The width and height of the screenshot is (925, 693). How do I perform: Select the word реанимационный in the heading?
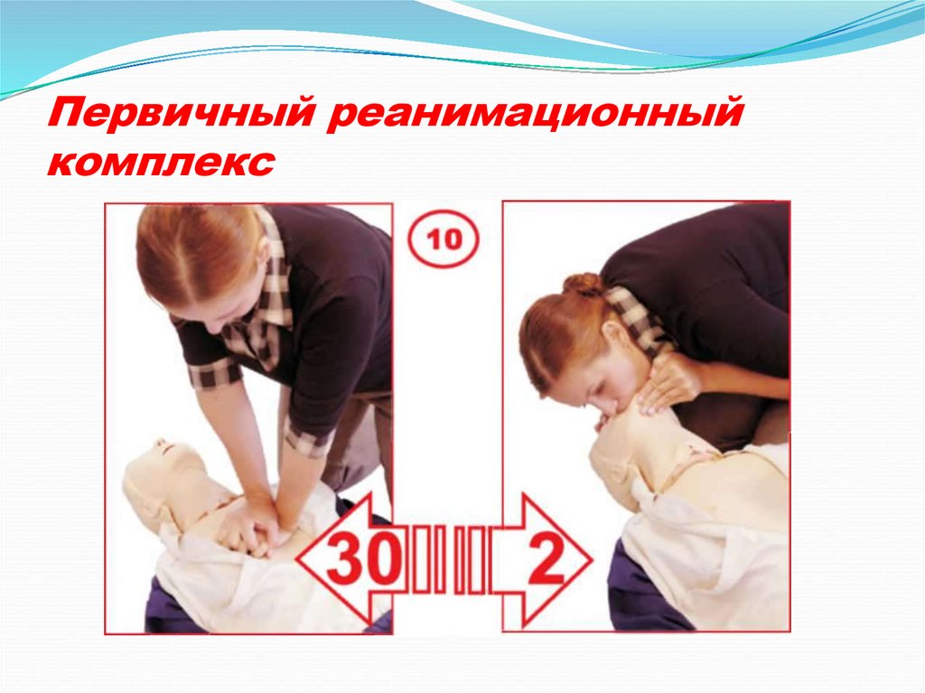(x=534, y=113)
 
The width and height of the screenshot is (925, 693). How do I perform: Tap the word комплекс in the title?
(x=161, y=161)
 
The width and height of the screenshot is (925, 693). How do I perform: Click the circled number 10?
(x=444, y=239)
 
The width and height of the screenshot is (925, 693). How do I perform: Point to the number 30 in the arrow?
(x=360, y=557)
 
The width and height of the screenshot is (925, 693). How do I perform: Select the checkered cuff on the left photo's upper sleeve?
(x=213, y=372)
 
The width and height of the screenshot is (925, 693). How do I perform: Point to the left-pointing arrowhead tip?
(x=296, y=558)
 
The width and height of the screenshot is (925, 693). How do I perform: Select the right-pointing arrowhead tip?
(x=591, y=559)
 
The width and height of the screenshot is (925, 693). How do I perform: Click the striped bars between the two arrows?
(x=449, y=559)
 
